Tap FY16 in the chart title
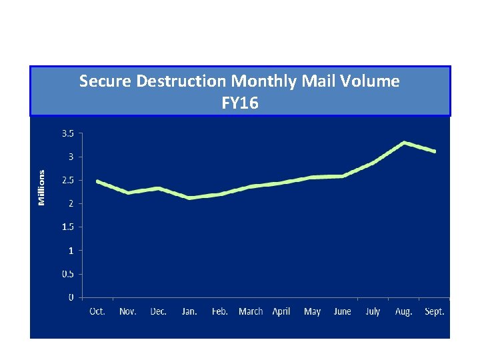tap(240, 103)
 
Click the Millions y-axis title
tap(41, 187)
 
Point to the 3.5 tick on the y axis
tap(67, 133)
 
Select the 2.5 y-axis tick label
tap(67, 180)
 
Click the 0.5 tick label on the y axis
tap(67, 274)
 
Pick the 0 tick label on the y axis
tap(71, 297)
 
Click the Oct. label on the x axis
tap(97, 311)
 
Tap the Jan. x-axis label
tap(189, 311)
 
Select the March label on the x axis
tap(251, 311)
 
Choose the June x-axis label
tap(342, 311)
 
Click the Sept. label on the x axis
tap(434, 311)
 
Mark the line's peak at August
tap(404, 143)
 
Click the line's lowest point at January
tap(189, 198)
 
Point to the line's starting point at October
tap(97, 181)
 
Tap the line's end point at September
tap(434, 151)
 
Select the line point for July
tap(373, 163)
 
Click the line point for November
tap(128, 193)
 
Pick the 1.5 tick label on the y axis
tap(67, 227)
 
